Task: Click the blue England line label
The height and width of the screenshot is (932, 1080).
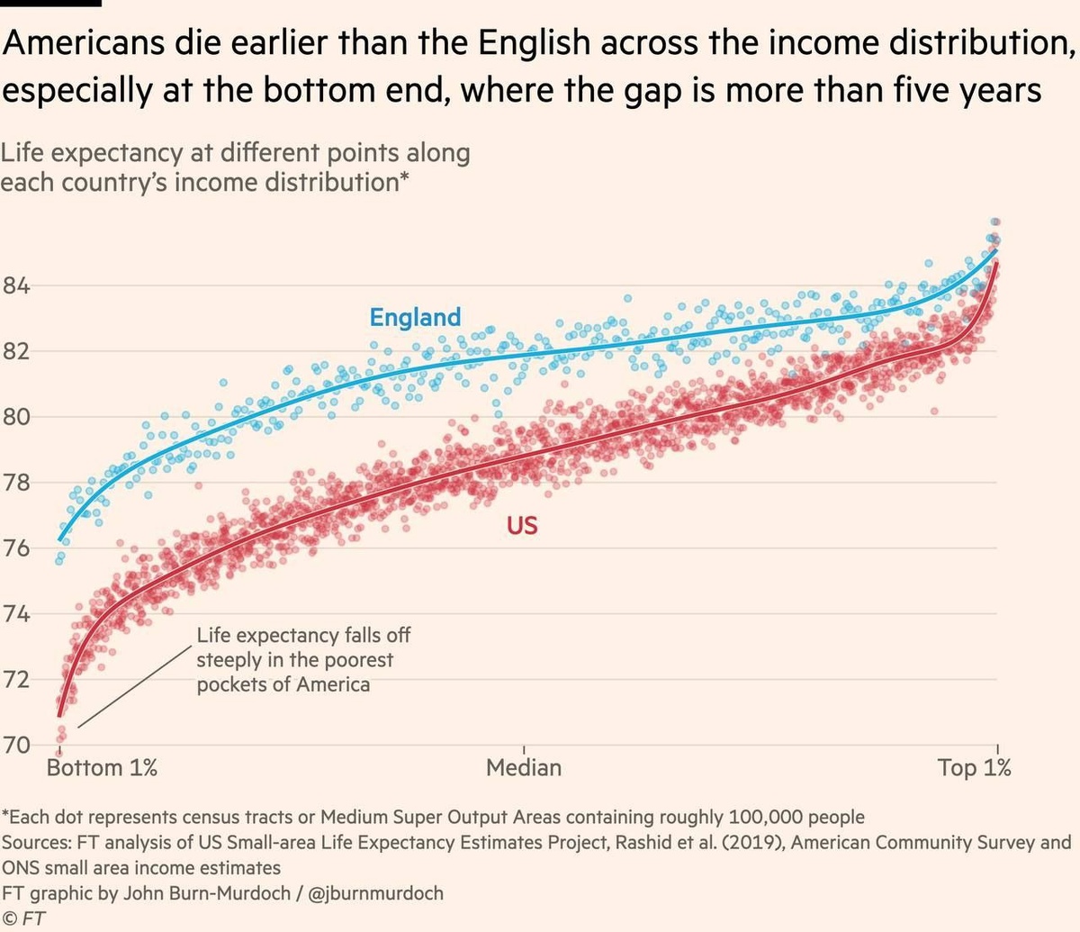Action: click(415, 317)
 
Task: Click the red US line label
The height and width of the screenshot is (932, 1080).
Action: click(522, 525)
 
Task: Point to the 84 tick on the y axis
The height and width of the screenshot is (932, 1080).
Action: click(15, 286)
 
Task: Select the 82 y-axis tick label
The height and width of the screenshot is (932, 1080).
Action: click(15, 351)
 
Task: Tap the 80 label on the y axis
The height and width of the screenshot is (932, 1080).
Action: click(15, 417)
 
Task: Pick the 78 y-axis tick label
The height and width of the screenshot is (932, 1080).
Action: click(15, 483)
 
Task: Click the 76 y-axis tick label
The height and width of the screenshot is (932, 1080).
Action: click(15, 548)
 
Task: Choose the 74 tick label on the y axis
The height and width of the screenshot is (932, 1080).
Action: click(15, 614)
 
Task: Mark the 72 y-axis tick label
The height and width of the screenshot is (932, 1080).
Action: click(15, 679)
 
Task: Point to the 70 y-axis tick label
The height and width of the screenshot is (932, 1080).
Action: click(15, 745)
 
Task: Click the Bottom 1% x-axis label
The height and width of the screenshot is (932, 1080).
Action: click(102, 768)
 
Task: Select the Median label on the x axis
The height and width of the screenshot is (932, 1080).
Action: click(524, 768)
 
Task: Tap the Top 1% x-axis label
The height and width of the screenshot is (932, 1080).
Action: click(975, 768)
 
